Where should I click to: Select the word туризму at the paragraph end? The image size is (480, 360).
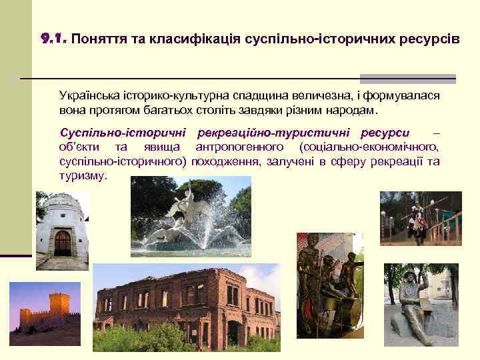click(82, 175)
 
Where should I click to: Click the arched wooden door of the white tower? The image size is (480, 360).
click(62, 243)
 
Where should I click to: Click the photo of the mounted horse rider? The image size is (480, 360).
click(420, 219)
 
